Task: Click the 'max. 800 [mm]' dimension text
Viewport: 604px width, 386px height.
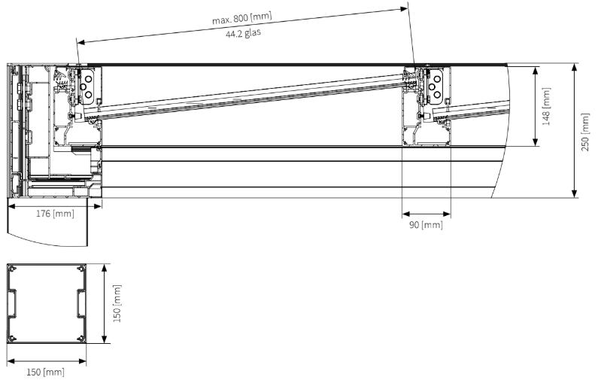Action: [242, 18]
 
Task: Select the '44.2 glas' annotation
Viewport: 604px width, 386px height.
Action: [243, 33]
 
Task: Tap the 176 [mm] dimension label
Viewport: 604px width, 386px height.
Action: [55, 214]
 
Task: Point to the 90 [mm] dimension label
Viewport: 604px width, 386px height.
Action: [426, 224]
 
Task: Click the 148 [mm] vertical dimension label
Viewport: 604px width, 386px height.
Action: [546, 107]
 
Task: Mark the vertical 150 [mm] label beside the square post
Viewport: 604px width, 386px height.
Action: [117, 303]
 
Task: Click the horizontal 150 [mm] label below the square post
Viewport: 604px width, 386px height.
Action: [45, 372]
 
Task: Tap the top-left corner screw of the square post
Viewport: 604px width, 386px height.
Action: [12, 269]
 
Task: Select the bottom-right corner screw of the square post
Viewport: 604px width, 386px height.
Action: [81, 339]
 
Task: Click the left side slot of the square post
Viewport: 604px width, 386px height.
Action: [12, 303]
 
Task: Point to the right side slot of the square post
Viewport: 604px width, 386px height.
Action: [81, 303]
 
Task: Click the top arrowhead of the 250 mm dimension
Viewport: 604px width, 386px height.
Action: [575, 68]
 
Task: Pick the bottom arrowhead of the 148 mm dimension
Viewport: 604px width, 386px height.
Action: [536, 141]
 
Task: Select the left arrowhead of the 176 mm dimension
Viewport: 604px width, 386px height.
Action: [12, 206]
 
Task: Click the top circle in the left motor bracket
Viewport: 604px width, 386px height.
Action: [89, 78]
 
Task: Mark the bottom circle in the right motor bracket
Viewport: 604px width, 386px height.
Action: [437, 95]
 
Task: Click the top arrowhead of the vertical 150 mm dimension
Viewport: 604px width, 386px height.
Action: [104, 269]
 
